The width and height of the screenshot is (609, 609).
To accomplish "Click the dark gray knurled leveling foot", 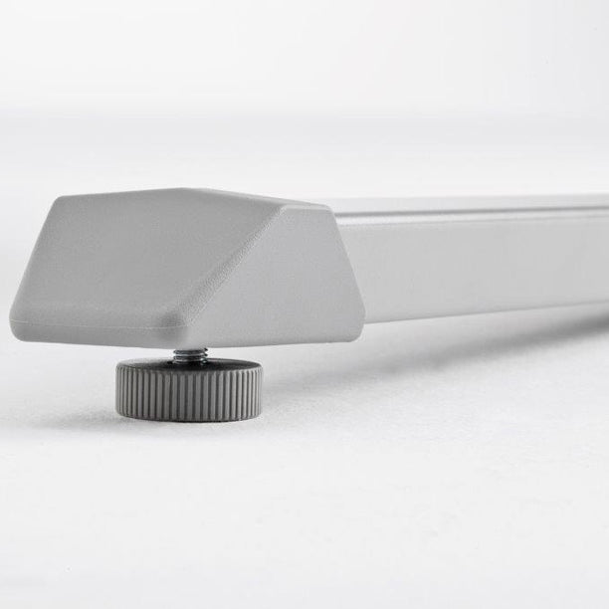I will [189, 389].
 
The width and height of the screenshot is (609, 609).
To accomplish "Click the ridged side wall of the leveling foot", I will [189, 398].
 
